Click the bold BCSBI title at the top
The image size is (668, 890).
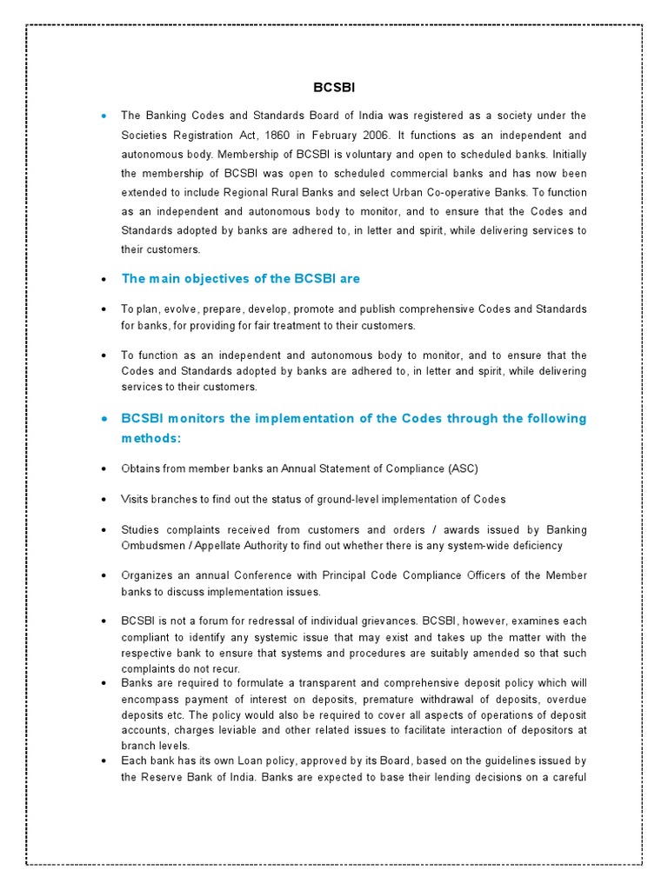coord(334,88)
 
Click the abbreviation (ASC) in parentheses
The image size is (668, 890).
coord(463,469)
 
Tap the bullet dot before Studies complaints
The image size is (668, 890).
coord(104,531)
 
